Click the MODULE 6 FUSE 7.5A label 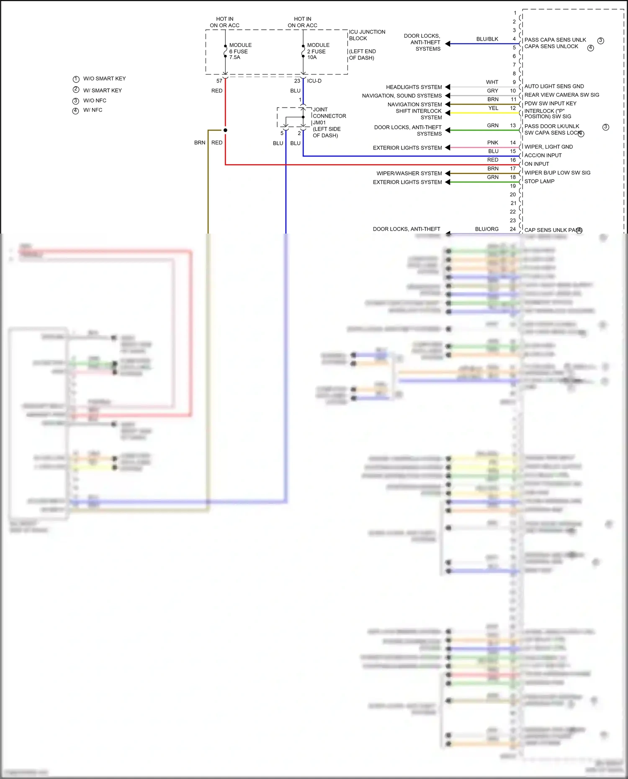point(240,51)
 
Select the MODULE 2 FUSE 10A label point(318,51)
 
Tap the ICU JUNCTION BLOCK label point(367,35)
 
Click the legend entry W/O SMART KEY point(104,79)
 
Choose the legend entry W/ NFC point(93,110)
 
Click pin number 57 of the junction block point(219,81)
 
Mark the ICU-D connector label point(314,81)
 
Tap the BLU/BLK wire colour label point(487,39)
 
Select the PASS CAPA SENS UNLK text point(555,40)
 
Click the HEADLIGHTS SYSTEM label point(414,87)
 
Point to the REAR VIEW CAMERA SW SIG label point(561,95)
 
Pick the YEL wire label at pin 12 point(493,108)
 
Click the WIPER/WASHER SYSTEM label point(409,173)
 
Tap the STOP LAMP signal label point(539,181)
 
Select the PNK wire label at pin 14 point(492,143)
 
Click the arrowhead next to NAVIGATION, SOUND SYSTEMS point(448,96)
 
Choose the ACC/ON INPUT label point(543,155)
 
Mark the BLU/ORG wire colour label point(486,229)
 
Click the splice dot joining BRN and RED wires point(225,130)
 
